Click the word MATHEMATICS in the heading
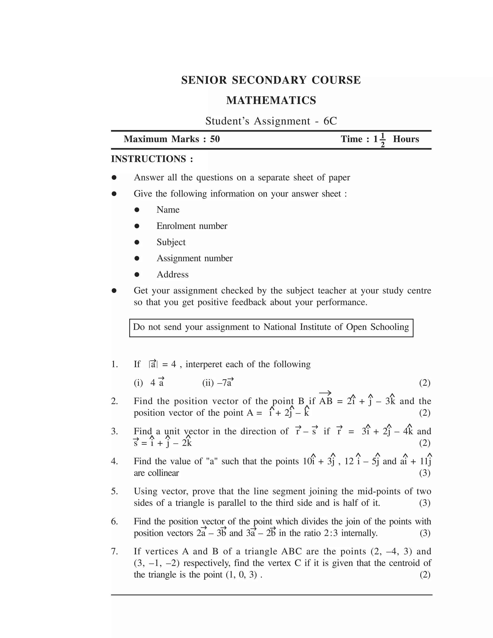[271, 100]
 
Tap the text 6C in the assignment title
[330, 121]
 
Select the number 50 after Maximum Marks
[215, 139]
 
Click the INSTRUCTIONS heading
[152, 159]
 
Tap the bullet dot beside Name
[137, 210]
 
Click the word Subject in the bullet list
[171, 242]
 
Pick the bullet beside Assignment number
[137, 258]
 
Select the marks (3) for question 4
[425, 473]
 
